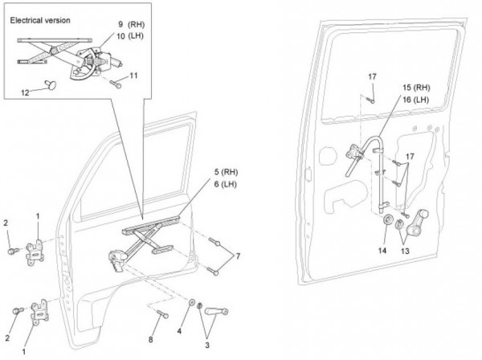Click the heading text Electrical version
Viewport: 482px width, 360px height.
click(40, 21)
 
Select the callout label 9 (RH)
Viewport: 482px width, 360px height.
click(131, 25)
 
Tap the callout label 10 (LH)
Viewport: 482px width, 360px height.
click(130, 36)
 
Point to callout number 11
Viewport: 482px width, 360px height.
click(133, 76)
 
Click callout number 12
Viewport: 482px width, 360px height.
click(25, 92)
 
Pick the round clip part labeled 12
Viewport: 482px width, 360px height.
click(51, 84)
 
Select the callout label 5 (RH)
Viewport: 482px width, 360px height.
click(227, 172)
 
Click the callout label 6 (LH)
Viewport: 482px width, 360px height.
click(225, 184)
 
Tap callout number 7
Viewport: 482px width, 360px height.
click(237, 256)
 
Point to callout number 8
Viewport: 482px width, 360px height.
click(150, 339)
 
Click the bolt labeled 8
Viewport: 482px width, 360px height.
click(162, 314)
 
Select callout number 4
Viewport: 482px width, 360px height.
click(179, 331)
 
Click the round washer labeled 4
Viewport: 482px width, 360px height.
click(191, 302)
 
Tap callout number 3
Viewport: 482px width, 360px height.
click(207, 345)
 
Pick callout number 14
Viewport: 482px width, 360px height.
click(382, 251)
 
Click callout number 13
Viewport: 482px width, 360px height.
click(405, 252)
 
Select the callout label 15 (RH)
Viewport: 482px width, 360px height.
click(416, 88)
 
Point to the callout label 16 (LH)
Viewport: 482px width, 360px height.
click(415, 100)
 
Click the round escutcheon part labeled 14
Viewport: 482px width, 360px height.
click(389, 220)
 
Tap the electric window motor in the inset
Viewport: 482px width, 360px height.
click(107, 59)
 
